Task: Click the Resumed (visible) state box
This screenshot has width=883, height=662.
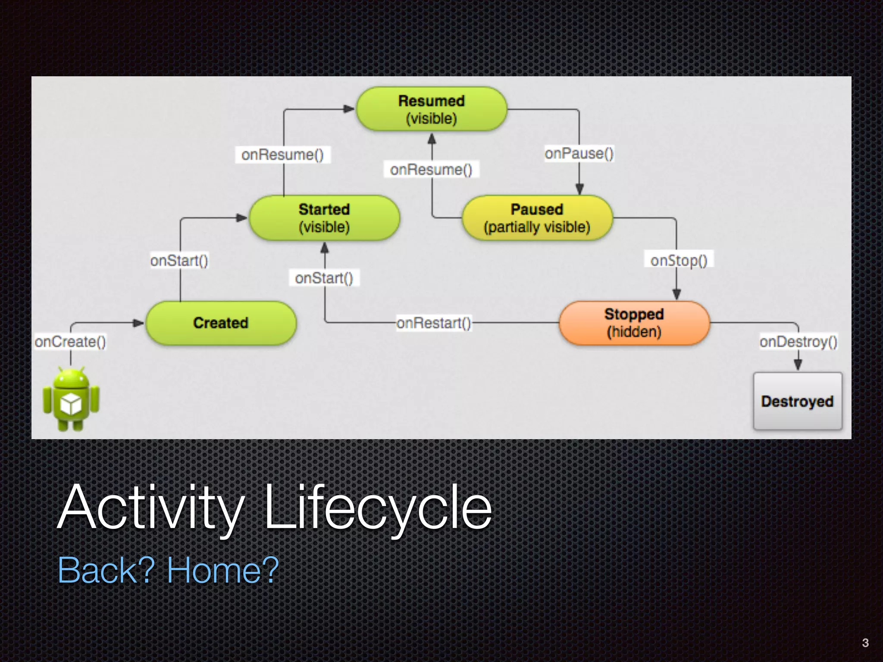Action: point(432,109)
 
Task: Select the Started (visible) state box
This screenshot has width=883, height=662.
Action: point(324,218)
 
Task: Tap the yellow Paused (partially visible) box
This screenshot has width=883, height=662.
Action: point(537,218)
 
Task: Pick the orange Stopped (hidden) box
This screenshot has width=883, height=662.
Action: point(634,323)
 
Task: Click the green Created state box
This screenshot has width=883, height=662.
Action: point(221,323)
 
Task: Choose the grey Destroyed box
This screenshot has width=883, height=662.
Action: point(798,401)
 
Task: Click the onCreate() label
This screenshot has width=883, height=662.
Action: point(70,341)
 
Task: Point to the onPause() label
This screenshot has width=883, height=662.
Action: point(579,153)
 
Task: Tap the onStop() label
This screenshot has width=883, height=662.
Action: point(679,260)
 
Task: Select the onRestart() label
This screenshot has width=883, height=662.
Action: point(434,323)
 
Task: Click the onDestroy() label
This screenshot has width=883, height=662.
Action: point(798,341)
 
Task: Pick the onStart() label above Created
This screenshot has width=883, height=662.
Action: point(179,260)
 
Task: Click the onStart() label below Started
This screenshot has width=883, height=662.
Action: point(324,278)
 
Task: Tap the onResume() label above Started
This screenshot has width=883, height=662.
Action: point(283,154)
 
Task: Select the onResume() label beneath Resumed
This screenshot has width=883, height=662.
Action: point(432,169)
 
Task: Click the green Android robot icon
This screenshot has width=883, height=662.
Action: point(71,399)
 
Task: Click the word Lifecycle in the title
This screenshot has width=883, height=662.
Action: point(378,507)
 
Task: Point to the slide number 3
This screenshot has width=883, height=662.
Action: point(865,643)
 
